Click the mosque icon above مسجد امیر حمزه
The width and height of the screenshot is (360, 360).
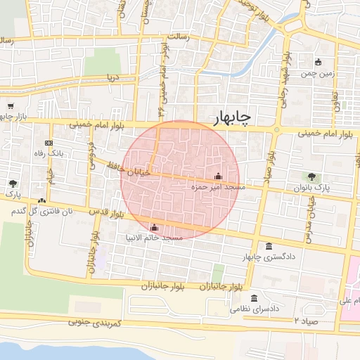[x=217, y=176]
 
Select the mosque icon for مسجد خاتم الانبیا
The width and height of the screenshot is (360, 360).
[x=155, y=227]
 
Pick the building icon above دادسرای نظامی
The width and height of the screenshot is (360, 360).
[x=254, y=297]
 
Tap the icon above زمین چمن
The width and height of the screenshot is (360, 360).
[x=319, y=61]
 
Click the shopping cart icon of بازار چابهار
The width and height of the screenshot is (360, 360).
[x=11, y=107]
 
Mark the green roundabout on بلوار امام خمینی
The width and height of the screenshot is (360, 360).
[x=277, y=130]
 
